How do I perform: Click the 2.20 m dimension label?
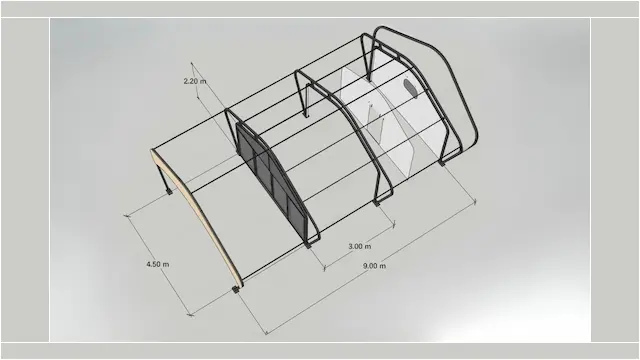(x=195, y=80)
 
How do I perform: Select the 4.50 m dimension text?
(x=157, y=264)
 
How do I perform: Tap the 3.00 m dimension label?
(x=360, y=246)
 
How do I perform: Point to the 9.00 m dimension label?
(x=375, y=266)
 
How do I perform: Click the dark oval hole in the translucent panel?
(x=409, y=88)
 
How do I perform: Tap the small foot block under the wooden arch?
(x=237, y=289)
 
